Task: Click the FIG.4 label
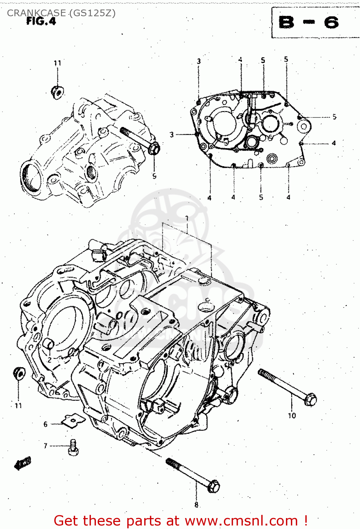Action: (x=41, y=21)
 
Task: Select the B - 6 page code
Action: (x=309, y=23)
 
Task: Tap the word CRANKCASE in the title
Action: (x=36, y=13)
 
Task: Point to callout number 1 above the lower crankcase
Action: (x=187, y=218)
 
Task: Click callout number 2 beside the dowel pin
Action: (x=49, y=360)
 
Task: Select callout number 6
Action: (x=45, y=424)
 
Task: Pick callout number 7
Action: (x=45, y=446)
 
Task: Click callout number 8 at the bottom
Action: (x=196, y=505)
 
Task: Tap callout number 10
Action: (x=292, y=415)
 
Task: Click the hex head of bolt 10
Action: (x=310, y=399)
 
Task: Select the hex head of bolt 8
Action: (x=213, y=487)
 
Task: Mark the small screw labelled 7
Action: (x=73, y=446)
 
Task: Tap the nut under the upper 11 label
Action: (x=57, y=92)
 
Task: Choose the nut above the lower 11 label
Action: (x=19, y=373)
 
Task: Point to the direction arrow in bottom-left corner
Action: (x=23, y=463)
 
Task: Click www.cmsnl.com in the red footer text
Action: (x=241, y=521)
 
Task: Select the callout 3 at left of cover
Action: (x=172, y=134)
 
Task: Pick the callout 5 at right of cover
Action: (x=334, y=117)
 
